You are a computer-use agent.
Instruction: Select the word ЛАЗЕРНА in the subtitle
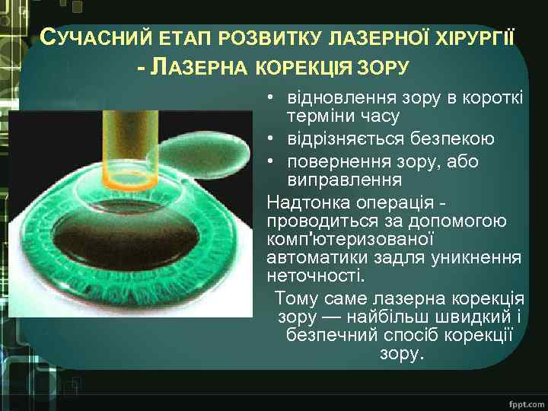(202, 68)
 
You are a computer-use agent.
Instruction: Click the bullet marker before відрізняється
(271, 140)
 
